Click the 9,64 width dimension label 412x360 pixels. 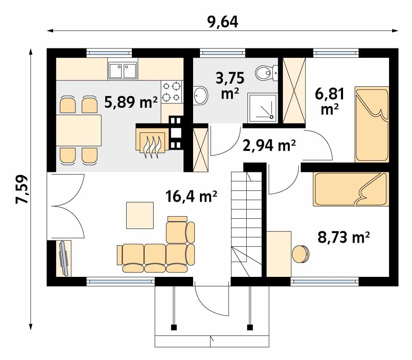223,22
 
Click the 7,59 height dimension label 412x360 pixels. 21,189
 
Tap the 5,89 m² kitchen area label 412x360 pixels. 131,102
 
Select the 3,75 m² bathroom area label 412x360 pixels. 230,86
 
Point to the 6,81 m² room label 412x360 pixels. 329,101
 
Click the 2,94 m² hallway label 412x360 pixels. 269,145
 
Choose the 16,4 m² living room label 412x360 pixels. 191,196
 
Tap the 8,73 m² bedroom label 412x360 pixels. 344,237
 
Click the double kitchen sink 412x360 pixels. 123,71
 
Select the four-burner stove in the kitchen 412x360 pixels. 172,92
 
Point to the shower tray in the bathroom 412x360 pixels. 262,108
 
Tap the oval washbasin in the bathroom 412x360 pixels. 201,95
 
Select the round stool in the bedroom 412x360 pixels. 301,254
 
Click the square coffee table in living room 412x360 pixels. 140,216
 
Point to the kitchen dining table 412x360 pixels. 79,130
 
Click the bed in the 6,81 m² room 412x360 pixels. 372,124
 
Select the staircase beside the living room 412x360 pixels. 246,224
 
